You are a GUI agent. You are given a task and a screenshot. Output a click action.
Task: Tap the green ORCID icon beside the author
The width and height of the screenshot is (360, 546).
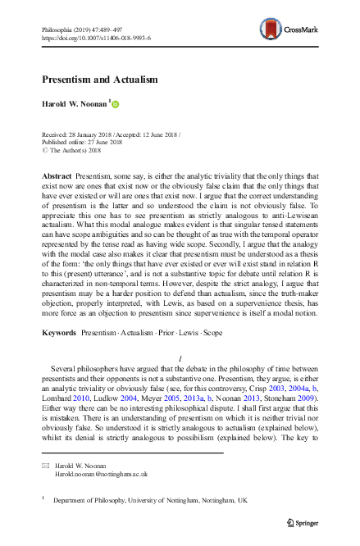point(116,104)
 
